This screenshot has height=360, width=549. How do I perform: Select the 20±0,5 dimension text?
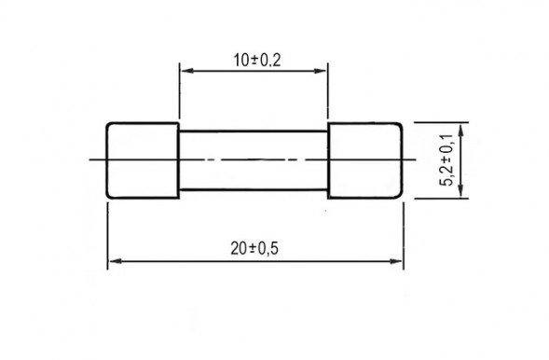click(x=254, y=248)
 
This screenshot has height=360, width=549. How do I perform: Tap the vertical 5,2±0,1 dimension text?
click(x=448, y=159)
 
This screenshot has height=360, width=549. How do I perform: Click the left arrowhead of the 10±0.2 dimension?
click(x=184, y=71)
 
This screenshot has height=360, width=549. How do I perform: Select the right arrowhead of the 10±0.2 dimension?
click(x=323, y=71)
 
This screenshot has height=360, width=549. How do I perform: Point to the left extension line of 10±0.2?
click(x=178, y=93)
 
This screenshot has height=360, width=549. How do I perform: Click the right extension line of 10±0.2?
click(x=329, y=93)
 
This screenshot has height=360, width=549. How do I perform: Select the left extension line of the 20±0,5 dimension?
click(x=107, y=233)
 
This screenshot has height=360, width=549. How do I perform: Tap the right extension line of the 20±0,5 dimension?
click(x=403, y=233)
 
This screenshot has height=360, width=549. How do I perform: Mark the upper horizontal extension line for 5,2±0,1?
click(x=438, y=122)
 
